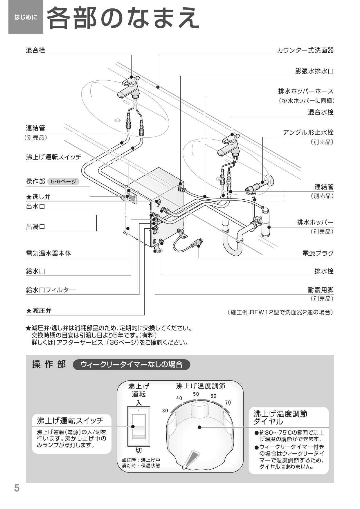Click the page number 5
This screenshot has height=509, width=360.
[17, 488]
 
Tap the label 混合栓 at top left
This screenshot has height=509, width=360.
[35, 50]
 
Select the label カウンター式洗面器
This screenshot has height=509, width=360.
[305, 50]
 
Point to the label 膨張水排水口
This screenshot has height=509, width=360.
[314, 71]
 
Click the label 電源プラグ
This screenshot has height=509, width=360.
[318, 253]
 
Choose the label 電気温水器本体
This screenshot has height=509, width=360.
[48, 253]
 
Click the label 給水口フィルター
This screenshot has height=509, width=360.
[51, 290]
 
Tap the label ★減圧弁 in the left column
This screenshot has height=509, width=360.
[39, 311]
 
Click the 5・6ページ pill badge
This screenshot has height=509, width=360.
[63, 182]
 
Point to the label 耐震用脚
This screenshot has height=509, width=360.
[321, 290]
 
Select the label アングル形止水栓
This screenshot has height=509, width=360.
[308, 132]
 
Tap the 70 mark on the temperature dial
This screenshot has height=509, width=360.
[228, 402]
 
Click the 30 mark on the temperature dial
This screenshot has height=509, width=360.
[165, 410]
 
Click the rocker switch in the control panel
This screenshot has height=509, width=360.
[138, 426]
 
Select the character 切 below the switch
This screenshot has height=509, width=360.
[139, 450]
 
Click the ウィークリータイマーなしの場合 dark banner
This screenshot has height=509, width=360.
[131, 364]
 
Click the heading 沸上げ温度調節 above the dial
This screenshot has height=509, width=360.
[200, 386]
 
